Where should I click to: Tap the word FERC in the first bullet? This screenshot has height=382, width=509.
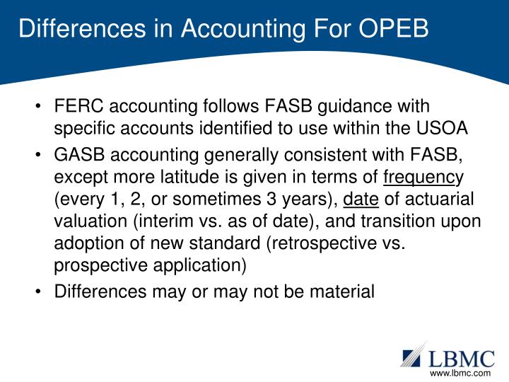tap(77, 108)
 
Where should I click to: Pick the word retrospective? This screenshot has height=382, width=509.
tap(337, 245)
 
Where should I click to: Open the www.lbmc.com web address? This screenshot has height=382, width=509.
tap(460, 373)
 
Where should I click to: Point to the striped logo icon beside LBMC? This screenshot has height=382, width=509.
tap(415, 354)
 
